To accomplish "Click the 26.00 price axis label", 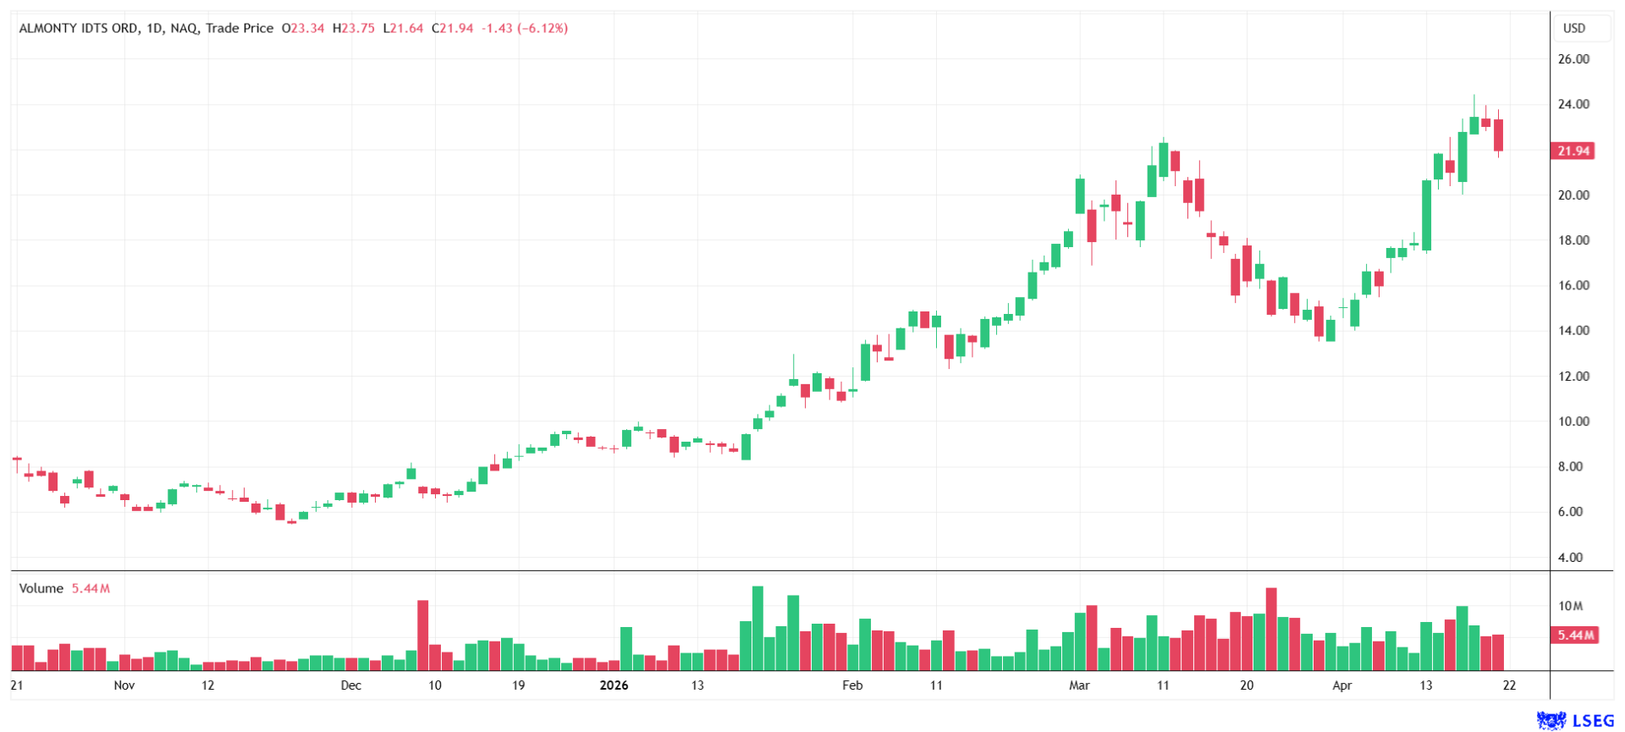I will [1573, 59].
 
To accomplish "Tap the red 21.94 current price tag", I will [1573, 151].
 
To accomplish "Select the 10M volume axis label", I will [1570, 606].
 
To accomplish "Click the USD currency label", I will [1573, 28].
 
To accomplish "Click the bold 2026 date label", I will [614, 685].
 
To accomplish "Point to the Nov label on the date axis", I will [124, 685].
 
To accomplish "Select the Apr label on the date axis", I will [1341, 685].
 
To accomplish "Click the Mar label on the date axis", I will [1079, 685].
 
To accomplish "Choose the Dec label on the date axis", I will [351, 685].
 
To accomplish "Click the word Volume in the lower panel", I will [41, 588].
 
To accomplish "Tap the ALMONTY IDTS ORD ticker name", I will [78, 28].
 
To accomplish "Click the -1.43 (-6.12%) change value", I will [525, 28].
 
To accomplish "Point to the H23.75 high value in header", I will [353, 28].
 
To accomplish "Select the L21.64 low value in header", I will [403, 28].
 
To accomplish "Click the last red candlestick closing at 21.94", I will [1498, 135].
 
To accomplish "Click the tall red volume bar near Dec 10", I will [423, 635].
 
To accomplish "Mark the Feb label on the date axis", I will [852, 685].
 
